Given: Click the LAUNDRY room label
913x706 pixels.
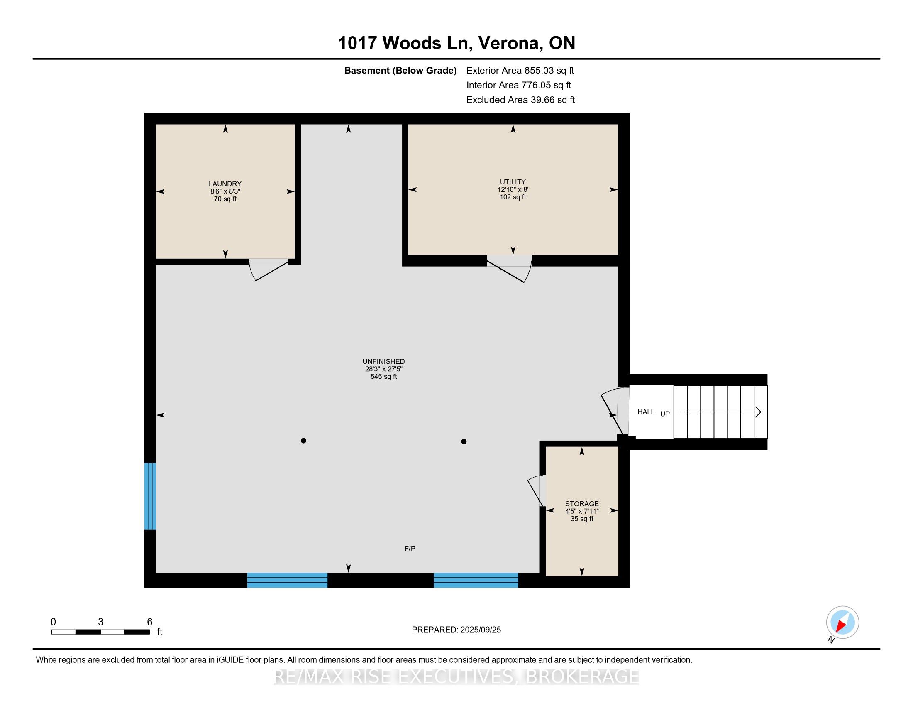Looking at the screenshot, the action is pos(225,184).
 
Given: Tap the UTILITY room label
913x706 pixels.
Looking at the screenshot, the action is pos(513,182).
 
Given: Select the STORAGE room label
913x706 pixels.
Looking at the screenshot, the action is pos(582,504).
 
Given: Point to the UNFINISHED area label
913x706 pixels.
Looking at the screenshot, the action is pos(383,361).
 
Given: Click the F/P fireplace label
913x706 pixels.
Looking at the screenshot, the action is pos(410,548).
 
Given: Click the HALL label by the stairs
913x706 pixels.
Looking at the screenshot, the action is pos(646,412).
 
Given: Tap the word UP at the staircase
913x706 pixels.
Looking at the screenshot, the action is pos(665,414).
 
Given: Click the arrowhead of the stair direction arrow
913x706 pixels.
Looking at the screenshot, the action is pos(758,412).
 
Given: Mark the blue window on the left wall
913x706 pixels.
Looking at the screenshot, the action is pos(150,496).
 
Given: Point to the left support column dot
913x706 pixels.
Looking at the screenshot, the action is pos(303,440).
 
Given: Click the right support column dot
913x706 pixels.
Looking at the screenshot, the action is pos(464,441).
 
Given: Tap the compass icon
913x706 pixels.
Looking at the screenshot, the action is pos(842,623).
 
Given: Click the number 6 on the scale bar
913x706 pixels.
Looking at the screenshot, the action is pos(150,622).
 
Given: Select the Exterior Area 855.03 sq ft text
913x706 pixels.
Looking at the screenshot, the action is pos(520,70).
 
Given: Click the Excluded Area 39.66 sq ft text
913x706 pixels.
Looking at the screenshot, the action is pos(521,100).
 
